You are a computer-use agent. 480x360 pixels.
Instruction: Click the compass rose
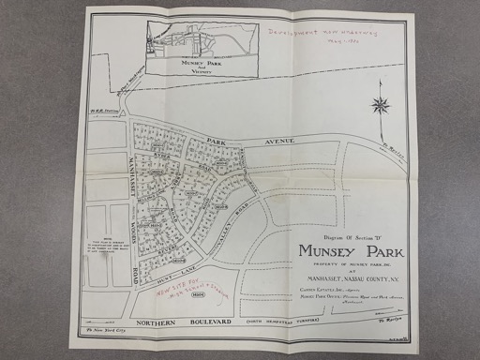click(x=381, y=105)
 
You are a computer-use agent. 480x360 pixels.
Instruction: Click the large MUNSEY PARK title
click(x=351, y=251)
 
